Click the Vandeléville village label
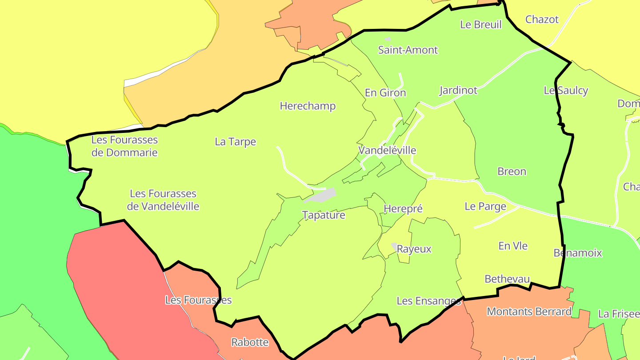(x=387, y=150)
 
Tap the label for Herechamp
(x=308, y=106)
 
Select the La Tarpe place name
(x=236, y=142)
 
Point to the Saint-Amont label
(x=408, y=50)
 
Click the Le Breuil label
(x=481, y=25)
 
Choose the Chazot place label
(x=542, y=20)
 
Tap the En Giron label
(x=385, y=93)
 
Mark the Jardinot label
(x=458, y=91)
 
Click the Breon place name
(x=512, y=172)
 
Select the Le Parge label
(x=485, y=206)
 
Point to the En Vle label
(x=513, y=246)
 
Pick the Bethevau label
(x=507, y=279)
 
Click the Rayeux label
(x=414, y=249)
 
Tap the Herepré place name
(x=403, y=208)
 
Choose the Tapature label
(x=324, y=215)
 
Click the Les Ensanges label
(x=428, y=301)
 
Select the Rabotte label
(x=250, y=342)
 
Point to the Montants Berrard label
(x=529, y=312)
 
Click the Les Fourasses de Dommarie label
(x=124, y=146)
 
